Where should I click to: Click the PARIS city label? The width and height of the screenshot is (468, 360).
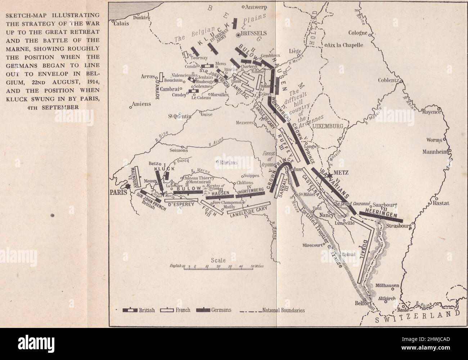pos(117,192)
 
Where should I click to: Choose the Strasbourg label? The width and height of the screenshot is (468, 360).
pos(399,226)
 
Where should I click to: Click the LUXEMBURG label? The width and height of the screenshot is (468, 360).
pos(326,126)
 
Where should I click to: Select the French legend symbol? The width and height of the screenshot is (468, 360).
pos(168,310)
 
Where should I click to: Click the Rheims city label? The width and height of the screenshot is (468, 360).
pos(228,163)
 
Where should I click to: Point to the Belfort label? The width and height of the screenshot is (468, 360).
pos(363,303)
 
